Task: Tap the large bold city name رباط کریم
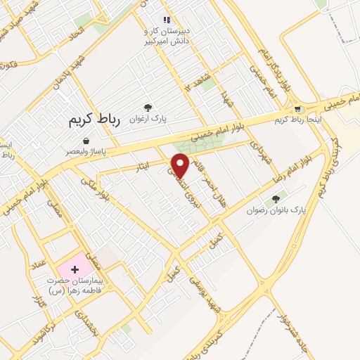(x=94, y=120)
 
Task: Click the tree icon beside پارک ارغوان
(x=148, y=107)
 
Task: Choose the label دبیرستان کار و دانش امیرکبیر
(x=167, y=36)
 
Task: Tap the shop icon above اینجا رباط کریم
(x=299, y=109)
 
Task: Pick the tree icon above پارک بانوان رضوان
(x=276, y=198)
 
